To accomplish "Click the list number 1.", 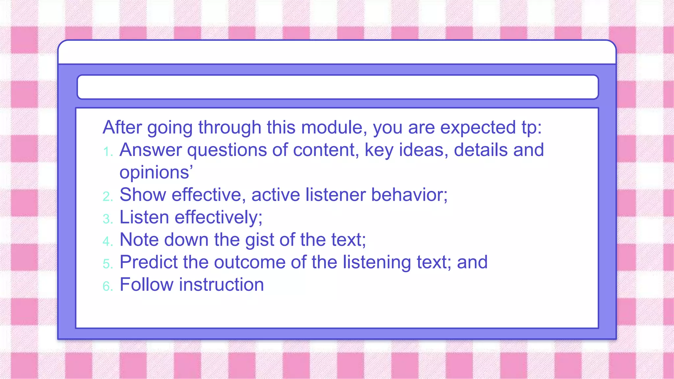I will tap(107, 152).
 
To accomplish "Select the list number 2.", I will tap(108, 197).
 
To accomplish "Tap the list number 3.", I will tap(108, 219).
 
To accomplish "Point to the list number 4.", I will tap(108, 241).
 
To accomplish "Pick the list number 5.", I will tap(108, 264).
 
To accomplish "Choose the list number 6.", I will tap(108, 286).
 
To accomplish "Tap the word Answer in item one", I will tap(150, 150).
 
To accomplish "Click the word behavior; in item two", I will tap(409, 195).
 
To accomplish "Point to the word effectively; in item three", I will tap(218, 217).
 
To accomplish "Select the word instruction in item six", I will tap(221, 285).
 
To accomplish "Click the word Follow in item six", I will tap(146, 285).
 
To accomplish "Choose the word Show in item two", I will tap(143, 195).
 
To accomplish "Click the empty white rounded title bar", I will tap(337, 87).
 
